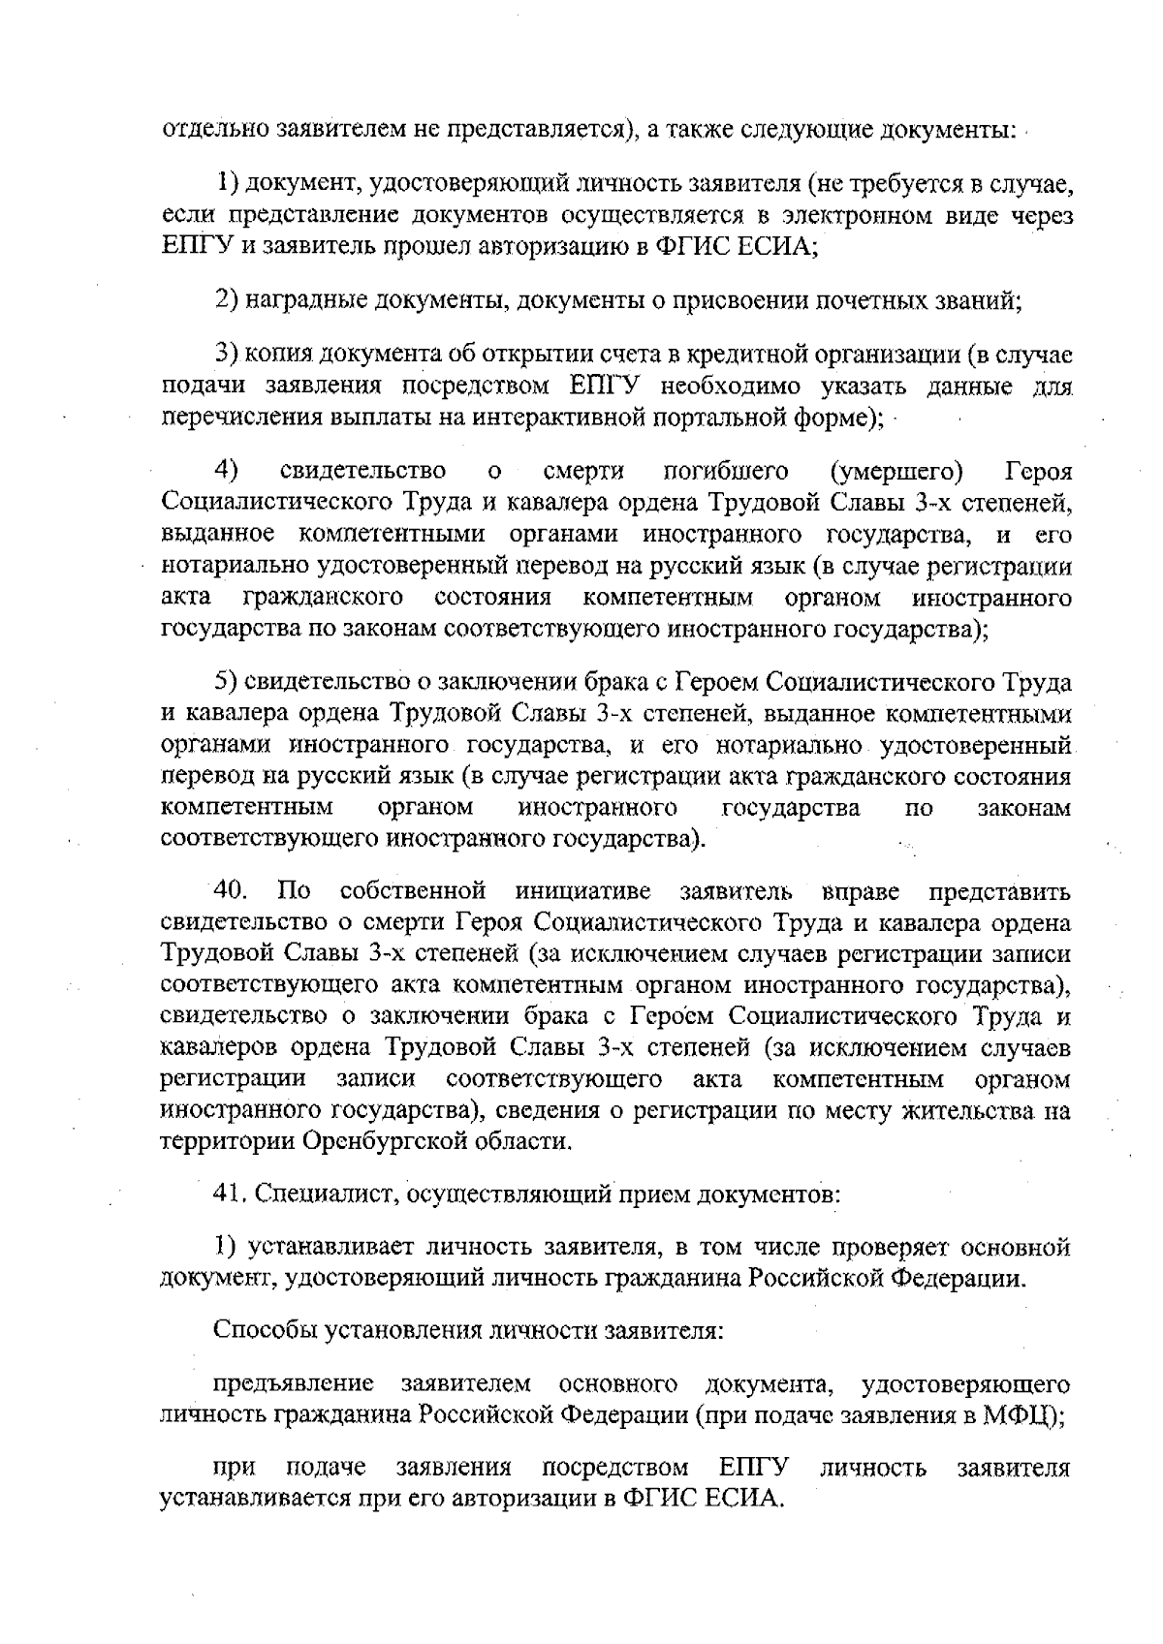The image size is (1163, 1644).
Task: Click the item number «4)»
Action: [x=228, y=472]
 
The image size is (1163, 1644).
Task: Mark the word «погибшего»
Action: [x=726, y=472]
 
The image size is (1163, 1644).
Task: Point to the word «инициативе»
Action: [x=583, y=890]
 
